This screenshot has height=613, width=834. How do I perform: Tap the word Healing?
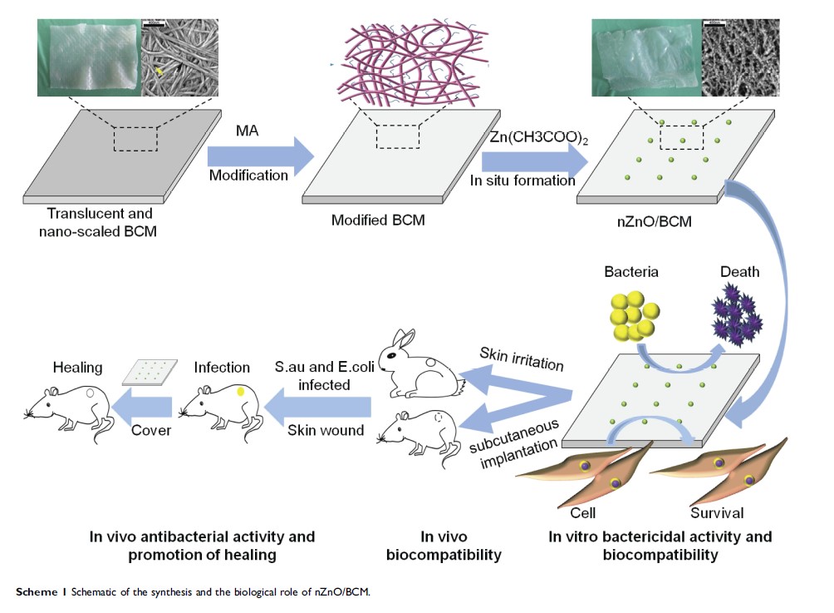pos(77,367)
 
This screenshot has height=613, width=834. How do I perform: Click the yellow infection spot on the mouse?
pos(241,391)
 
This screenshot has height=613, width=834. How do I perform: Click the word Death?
pos(739,271)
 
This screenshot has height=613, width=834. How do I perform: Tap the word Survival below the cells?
pos(717,512)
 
